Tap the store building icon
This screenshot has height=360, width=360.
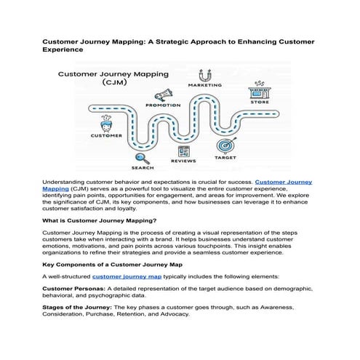click(259, 92)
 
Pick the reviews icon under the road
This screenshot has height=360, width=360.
click(183, 151)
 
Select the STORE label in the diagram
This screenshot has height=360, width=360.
click(260, 103)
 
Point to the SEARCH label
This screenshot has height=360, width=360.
click(143, 167)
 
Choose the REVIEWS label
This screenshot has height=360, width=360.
click(183, 161)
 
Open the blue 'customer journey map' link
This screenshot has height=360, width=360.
click(127, 277)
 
